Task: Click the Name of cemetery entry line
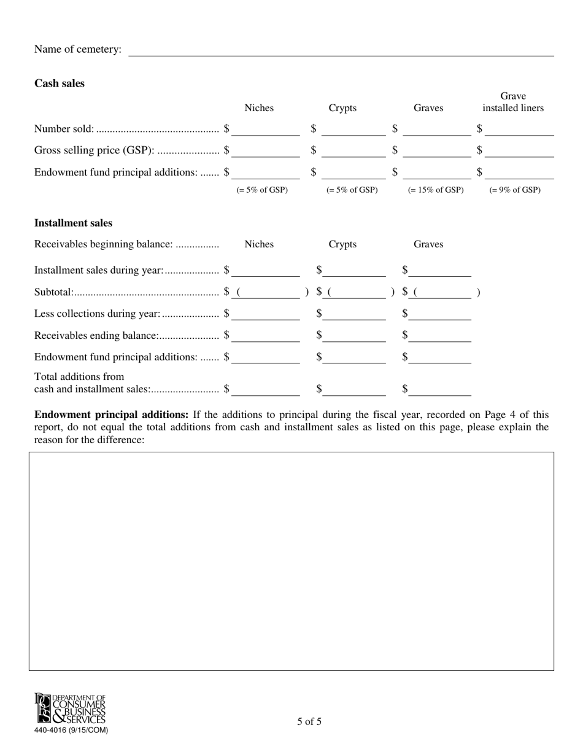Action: (341, 50)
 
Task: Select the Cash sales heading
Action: (60, 83)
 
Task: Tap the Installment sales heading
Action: (73, 223)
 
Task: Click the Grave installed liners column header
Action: (513, 103)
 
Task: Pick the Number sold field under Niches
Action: (265, 130)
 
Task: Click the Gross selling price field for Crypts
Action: (353, 152)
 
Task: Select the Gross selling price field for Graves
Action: (437, 152)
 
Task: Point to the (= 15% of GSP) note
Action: (436, 190)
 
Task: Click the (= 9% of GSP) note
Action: (515, 190)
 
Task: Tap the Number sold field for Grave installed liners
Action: (519, 130)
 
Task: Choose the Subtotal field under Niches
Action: (269, 293)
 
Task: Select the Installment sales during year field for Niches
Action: (265, 271)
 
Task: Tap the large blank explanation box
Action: (291, 561)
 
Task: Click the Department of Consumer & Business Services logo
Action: (70, 709)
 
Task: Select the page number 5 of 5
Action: (309, 722)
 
